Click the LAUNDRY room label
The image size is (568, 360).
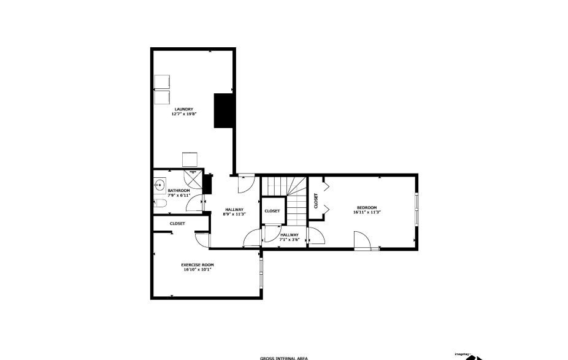pyautogui.click(x=183, y=109)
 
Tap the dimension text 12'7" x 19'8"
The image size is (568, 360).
pyautogui.click(x=183, y=114)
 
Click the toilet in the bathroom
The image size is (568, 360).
pyautogui.click(x=159, y=203)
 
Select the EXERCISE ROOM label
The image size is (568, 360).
pyautogui.click(x=197, y=264)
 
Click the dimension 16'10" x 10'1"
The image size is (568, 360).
pyautogui.click(x=197, y=269)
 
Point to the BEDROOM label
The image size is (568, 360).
pyautogui.click(x=367, y=207)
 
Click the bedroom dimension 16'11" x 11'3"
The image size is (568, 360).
pyautogui.click(x=367, y=212)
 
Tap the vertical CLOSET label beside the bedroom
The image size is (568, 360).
pyautogui.click(x=316, y=201)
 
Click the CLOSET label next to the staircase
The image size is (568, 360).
pyautogui.click(x=272, y=211)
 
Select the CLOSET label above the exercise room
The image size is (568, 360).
pyautogui.click(x=177, y=224)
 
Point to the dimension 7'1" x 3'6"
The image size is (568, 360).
pyautogui.click(x=290, y=240)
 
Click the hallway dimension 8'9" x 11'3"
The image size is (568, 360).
pyautogui.click(x=234, y=214)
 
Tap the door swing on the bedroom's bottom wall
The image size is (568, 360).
pyautogui.click(x=363, y=241)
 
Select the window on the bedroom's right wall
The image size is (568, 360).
pyautogui.click(x=417, y=210)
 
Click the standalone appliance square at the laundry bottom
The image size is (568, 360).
pyautogui.click(x=189, y=159)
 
